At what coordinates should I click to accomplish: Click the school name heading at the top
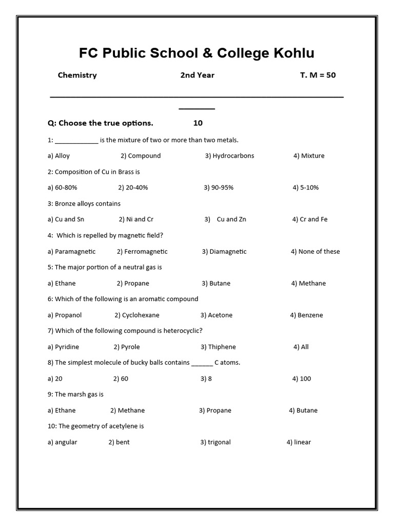[x=196, y=53]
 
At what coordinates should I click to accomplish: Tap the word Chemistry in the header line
[x=77, y=75]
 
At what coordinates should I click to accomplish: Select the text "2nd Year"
[x=197, y=75]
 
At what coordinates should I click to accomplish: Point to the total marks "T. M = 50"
[x=318, y=75]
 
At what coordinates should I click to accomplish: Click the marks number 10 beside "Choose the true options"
[x=198, y=123]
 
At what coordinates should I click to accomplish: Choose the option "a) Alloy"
[x=58, y=156]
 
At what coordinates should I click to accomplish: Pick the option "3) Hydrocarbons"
[x=229, y=156]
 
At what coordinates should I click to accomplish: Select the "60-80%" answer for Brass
[x=66, y=187]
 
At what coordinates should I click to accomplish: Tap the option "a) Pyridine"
[x=63, y=347]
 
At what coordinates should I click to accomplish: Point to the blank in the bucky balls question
[x=202, y=363]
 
